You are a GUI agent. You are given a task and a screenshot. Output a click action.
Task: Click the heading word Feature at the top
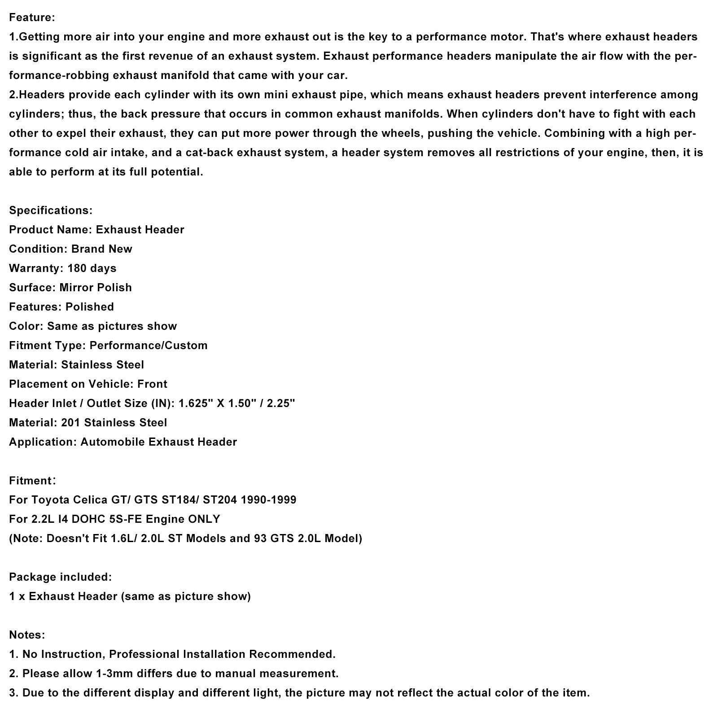point(31,18)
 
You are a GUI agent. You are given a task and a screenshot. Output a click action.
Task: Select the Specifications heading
point(50,210)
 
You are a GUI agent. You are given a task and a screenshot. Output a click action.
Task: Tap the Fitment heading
point(31,481)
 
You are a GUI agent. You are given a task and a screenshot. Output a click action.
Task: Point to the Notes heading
point(26,635)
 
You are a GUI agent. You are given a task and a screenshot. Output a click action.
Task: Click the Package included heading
point(60,577)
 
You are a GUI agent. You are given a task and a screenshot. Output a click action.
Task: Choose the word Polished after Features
point(89,306)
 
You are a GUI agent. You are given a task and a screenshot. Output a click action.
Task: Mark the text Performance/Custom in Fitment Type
point(149,345)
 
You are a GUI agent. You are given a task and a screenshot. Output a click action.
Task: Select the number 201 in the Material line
point(71,422)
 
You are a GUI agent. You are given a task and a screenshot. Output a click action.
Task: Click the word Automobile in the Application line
point(113,442)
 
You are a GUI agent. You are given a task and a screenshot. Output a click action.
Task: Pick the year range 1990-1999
point(268,499)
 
